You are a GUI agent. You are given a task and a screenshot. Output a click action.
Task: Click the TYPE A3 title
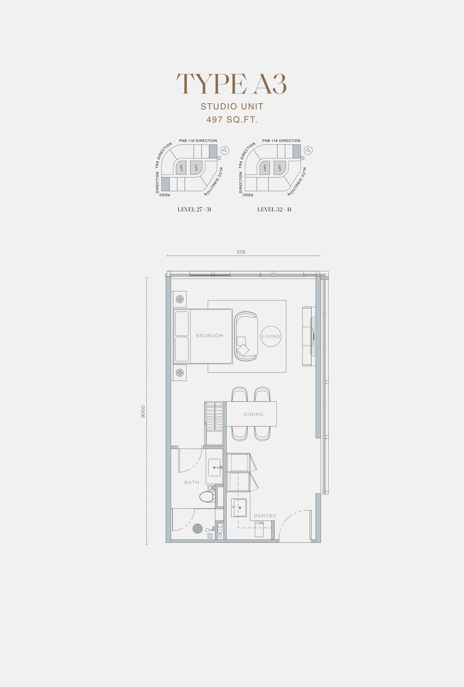click(232, 84)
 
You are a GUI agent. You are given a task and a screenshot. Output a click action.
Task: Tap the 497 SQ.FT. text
click(232, 120)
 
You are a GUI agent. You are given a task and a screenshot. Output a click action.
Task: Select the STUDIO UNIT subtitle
click(232, 106)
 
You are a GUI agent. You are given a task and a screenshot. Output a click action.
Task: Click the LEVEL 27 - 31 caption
click(194, 209)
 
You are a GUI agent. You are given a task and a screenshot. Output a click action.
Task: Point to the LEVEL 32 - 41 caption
click(274, 209)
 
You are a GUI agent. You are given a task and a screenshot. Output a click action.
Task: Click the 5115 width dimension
click(241, 252)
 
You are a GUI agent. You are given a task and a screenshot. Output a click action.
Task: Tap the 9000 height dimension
click(143, 411)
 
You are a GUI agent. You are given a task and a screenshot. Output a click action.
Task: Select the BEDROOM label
click(210, 336)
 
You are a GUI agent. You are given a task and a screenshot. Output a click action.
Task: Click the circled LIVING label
click(271, 336)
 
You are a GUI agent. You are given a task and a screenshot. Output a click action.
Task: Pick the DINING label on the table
click(254, 414)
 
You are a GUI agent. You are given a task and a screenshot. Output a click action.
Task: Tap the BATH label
click(192, 482)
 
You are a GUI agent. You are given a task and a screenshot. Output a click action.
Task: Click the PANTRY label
click(265, 516)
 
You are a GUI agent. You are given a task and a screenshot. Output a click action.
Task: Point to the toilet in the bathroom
click(207, 497)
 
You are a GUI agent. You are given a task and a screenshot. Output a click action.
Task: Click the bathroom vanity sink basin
click(214, 467)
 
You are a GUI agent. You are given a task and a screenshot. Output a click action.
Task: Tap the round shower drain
click(197, 528)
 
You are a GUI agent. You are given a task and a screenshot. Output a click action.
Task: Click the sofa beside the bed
click(246, 336)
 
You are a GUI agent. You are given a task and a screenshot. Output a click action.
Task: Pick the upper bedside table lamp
click(180, 299)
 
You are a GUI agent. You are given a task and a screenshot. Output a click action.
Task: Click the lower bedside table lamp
click(180, 373)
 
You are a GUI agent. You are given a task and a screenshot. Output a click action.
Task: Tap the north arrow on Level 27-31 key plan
click(225, 150)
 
